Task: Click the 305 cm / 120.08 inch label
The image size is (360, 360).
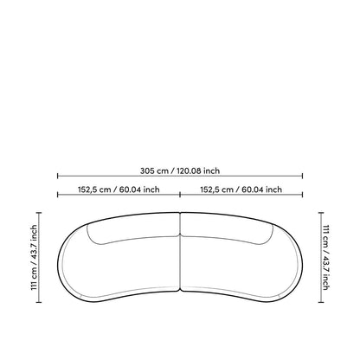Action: click(x=180, y=170)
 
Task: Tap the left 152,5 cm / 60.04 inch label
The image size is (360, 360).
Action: click(x=119, y=190)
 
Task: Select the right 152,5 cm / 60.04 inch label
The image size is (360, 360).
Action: click(x=241, y=190)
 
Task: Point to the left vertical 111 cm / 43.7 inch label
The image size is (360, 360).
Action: click(x=34, y=257)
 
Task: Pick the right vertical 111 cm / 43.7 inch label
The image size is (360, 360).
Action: click(x=325, y=257)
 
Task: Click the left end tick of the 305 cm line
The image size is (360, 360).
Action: click(x=58, y=176)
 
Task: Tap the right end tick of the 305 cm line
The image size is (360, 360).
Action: click(x=302, y=176)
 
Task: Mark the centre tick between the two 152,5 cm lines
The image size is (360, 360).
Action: click(x=180, y=195)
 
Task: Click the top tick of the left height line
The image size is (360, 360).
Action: click(x=39, y=213)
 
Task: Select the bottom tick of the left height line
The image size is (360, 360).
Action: click(x=39, y=302)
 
